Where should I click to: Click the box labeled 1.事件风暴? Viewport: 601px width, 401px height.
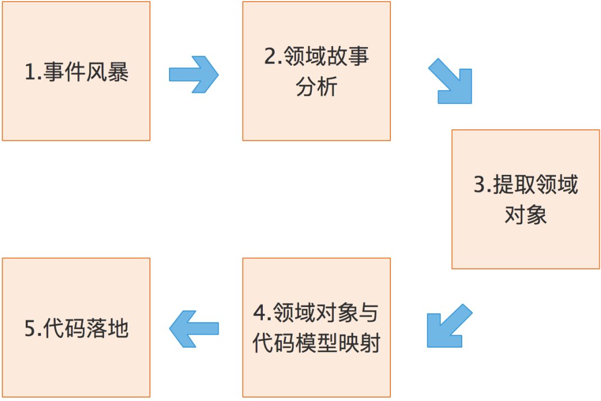tap(76, 112)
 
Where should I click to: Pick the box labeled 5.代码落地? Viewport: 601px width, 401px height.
tap(76, 366)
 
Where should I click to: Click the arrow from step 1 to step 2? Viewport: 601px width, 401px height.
tap(193, 74)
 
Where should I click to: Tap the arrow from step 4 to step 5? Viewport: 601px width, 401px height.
tap(193, 329)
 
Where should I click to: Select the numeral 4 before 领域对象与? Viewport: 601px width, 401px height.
tap(259, 313)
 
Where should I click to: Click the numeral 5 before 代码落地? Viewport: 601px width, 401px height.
tap(30, 329)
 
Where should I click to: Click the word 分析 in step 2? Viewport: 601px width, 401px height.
tap(317, 88)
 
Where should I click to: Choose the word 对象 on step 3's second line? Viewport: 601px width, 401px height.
tap(526, 216)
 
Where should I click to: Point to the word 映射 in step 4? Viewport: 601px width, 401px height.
tap(359, 343)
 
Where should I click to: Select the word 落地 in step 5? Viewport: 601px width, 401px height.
tap(108, 329)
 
